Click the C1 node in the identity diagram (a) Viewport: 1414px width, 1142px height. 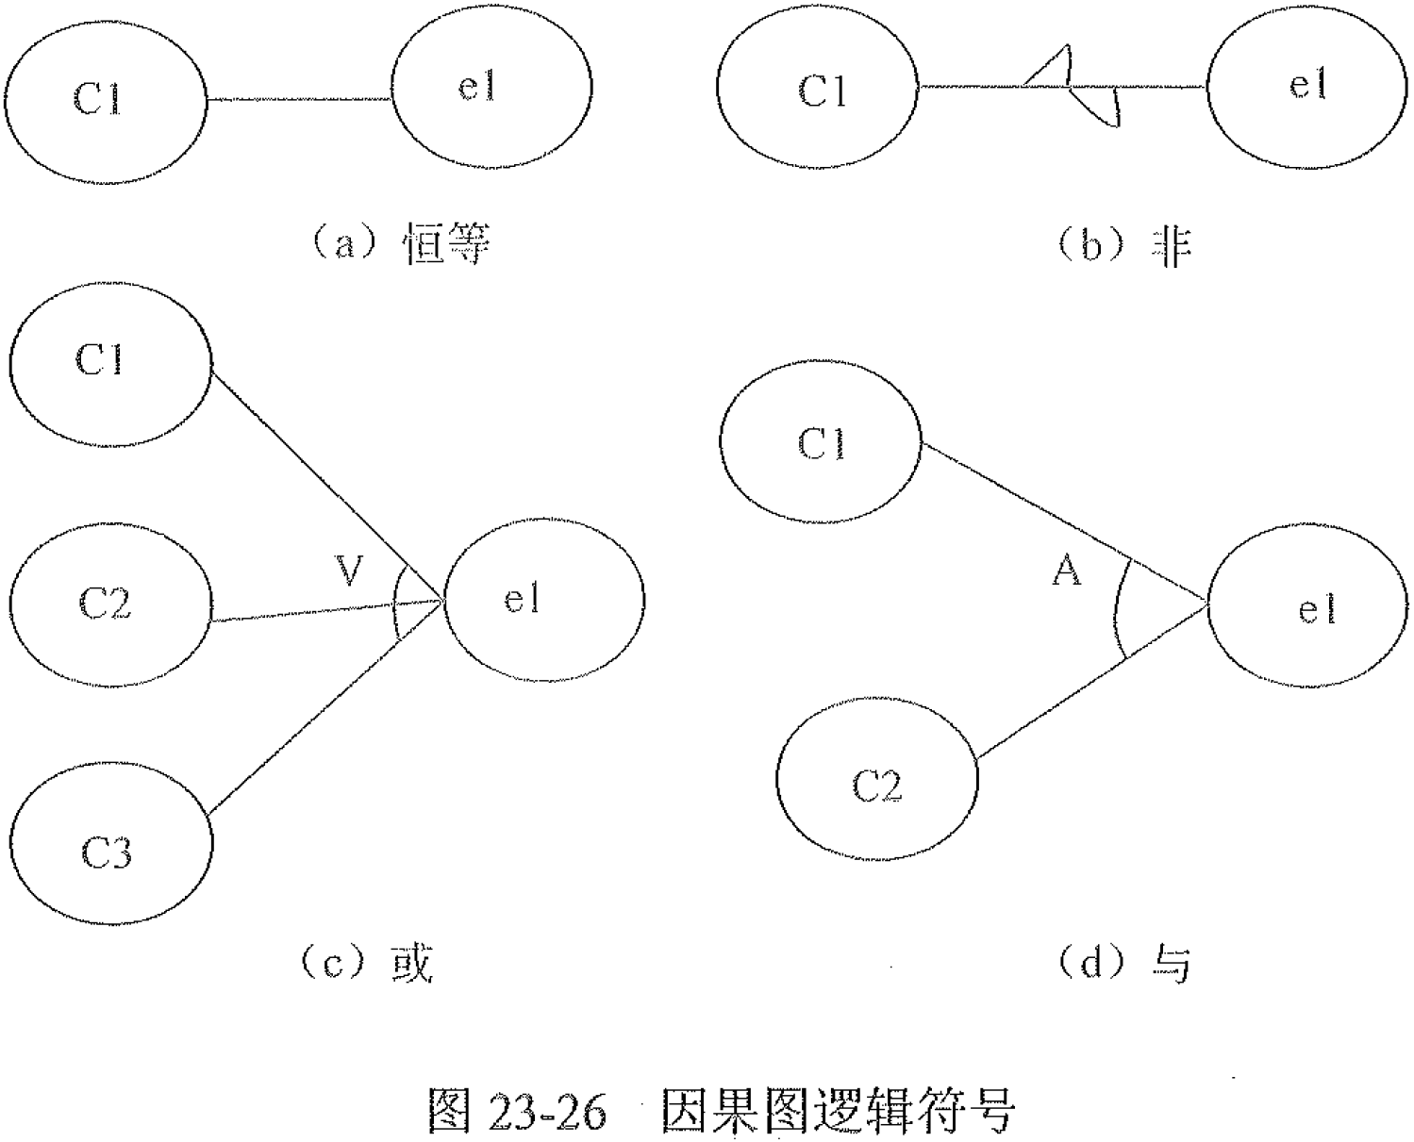pyautogui.click(x=103, y=98)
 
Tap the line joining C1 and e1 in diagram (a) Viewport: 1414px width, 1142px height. pyautogui.click(x=299, y=98)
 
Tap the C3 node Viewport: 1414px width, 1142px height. pyautogui.click(x=110, y=852)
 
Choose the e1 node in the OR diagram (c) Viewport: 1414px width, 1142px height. pyautogui.click(x=543, y=600)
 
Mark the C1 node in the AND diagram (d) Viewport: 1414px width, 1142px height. pyautogui.click(x=821, y=443)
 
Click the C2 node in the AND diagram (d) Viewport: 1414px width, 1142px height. pyautogui.click(x=877, y=783)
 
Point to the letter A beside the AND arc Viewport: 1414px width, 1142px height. pyautogui.click(x=1067, y=571)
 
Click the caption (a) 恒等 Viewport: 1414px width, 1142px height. pyautogui.click(x=396, y=244)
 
